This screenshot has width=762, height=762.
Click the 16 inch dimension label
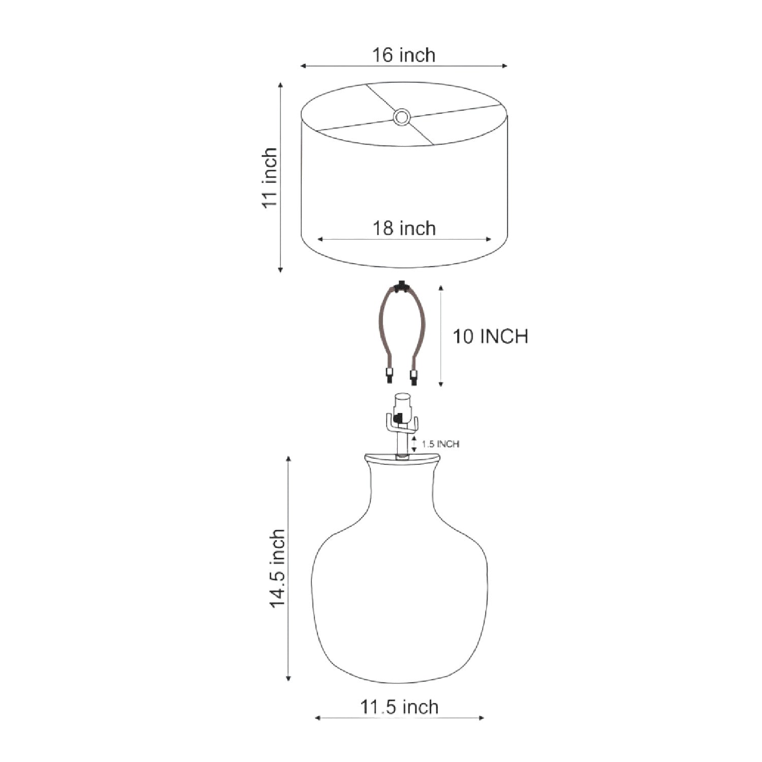pyautogui.click(x=404, y=54)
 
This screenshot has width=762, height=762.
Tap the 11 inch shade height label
pyautogui.click(x=269, y=177)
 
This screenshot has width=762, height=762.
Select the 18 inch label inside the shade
pyautogui.click(x=404, y=228)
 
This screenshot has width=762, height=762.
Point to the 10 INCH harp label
pyautogui.click(x=490, y=336)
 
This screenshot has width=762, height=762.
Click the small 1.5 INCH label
pyautogui.click(x=440, y=444)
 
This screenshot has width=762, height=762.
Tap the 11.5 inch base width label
pyautogui.click(x=399, y=707)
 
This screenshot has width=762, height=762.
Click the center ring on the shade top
pyautogui.click(x=402, y=117)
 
